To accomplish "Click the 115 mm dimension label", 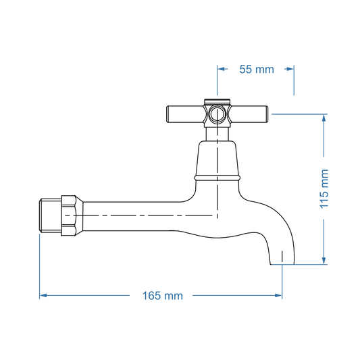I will [324, 188].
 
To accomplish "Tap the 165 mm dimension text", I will [162, 295].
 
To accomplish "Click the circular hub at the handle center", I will [217, 113].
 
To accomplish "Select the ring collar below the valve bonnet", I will [217, 178].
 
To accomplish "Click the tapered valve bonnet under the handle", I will [217, 158].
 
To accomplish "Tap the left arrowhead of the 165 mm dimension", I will [43, 295].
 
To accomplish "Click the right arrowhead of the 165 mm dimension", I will [278, 295].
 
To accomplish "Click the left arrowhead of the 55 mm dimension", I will [220, 69].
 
